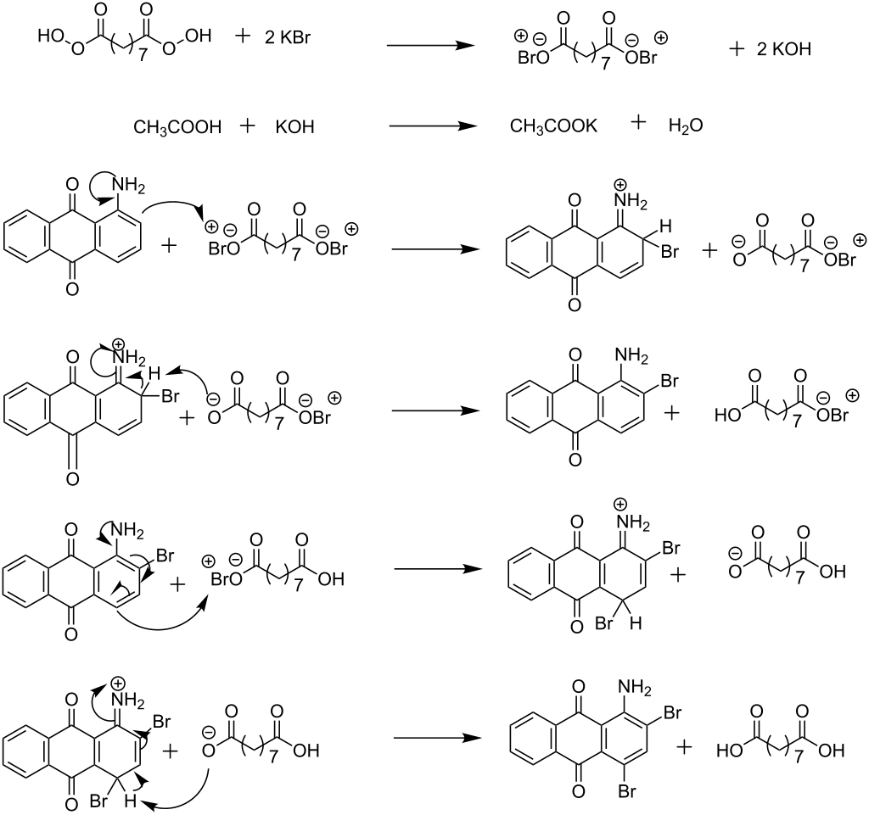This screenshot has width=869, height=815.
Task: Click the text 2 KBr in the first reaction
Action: tap(288, 37)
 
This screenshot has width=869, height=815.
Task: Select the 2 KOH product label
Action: tap(783, 48)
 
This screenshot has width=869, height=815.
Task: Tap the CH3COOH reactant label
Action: tap(177, 127)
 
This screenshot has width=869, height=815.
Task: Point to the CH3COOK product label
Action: tap(553, 126)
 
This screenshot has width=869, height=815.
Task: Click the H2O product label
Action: tap(686, 126)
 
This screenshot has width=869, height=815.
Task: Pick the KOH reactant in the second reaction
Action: tap(294, 127)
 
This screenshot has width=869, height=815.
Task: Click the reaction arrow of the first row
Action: tap(430, 46)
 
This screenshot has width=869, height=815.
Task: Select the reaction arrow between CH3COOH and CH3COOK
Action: tap(433, 126)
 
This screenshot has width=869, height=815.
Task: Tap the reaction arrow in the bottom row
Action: tap(437, 738)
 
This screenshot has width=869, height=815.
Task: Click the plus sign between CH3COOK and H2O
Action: tap(638, 122)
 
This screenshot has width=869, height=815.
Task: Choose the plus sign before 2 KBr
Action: tap(243, 36)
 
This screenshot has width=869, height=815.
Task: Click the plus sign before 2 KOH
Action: tap(736, 48)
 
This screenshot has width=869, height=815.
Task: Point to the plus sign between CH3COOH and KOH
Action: tap(248, 126)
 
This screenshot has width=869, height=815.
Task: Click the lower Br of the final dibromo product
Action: tap(627, 792)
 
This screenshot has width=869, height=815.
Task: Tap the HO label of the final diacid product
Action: tap(729, 751)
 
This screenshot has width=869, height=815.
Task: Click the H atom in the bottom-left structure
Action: tap(130, 800)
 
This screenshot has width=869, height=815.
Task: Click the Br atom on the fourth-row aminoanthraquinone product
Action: tap(670, 381)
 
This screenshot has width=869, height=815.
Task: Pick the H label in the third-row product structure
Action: tap(666, 226)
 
